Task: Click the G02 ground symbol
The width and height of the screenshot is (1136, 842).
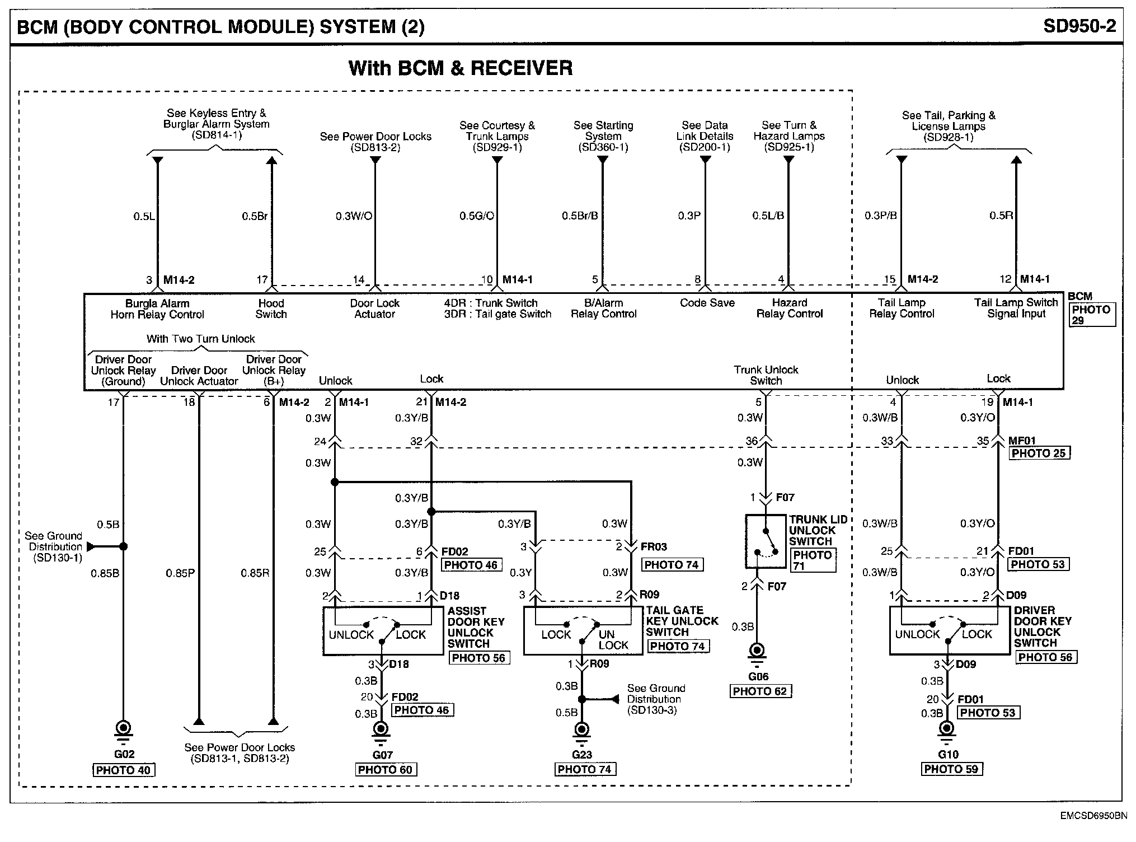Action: (123, 729)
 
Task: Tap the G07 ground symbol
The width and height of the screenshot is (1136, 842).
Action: (382, 729)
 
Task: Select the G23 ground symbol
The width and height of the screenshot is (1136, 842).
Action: (582, 731)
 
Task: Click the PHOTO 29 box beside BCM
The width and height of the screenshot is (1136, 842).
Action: (1092, 315)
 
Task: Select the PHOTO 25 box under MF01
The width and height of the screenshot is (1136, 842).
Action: (1039, 453)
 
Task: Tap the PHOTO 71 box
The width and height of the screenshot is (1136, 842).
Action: (813, 560)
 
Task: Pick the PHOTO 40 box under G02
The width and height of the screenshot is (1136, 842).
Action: (123, 770)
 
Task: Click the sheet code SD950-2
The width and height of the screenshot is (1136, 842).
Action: (1079, 26)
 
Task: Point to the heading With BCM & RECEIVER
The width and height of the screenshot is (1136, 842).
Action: (461, 68)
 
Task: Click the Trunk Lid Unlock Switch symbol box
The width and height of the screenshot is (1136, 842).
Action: (766, 541)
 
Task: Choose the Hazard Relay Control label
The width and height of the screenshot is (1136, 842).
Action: (789, 308)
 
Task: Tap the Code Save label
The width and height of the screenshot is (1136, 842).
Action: (707, 303)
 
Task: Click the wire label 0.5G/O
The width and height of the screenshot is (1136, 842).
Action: (477, 216)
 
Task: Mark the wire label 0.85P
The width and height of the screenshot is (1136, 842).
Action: (180, 573)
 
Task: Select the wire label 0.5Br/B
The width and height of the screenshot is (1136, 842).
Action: (580, 216)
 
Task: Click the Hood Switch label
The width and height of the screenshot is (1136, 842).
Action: (271, 308)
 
